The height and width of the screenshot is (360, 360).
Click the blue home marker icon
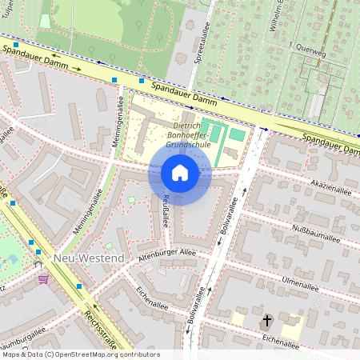(x=180, y=173)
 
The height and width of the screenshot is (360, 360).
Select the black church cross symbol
(x=266, y=321)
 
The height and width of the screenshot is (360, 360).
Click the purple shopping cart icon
(x=43, y=278)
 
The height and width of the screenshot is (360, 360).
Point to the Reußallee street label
(x=166, y=210)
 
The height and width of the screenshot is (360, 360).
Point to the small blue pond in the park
(x=12, y=259)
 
